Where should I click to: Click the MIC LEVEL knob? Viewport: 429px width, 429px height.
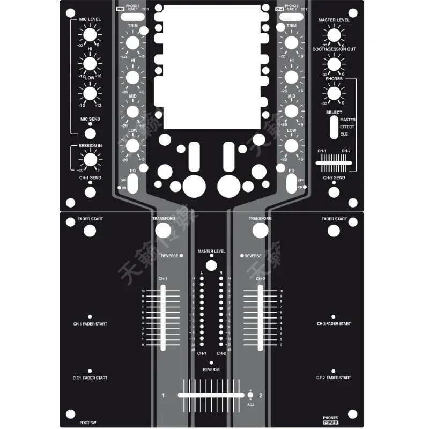pos(90,35)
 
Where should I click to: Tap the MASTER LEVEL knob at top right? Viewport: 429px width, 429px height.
pos(334,35)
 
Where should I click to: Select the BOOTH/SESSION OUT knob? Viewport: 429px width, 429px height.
pos(334,64)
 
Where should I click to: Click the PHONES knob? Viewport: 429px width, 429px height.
pos(334,93)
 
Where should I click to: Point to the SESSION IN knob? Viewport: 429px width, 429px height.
pos(90,159)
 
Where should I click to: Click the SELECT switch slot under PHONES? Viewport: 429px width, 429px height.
pos(333,128)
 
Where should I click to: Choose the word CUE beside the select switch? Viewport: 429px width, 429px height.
pos(344,134)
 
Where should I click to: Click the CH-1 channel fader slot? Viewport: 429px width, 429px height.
pos(163,318)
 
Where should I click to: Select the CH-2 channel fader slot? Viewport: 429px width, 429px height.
pos(260,318)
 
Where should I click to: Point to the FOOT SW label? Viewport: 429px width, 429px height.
pos(87,423)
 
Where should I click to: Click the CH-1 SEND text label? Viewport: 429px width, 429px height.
pos(90,177)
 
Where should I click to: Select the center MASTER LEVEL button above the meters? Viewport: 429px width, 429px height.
pos(211,265)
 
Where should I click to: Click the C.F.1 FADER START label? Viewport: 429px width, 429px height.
pos(90,378)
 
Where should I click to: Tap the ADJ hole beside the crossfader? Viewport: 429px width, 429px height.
pos(250,396)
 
